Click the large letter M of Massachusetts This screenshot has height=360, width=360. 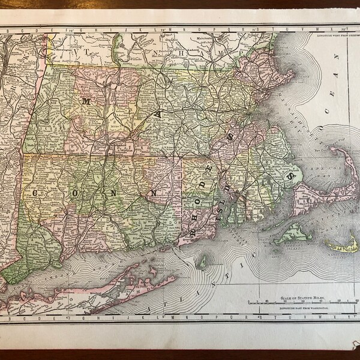pyautogui.click(x=85, y=101)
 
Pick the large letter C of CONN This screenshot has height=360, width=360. pyautogui.click(x=37, y=193)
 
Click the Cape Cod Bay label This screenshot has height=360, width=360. pyautogui.click(x=313, y=169)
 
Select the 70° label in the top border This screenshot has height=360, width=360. pyautogui.click(x=343, y=29)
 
